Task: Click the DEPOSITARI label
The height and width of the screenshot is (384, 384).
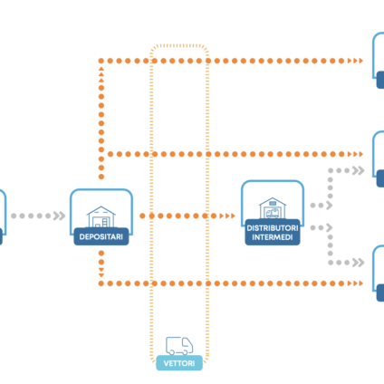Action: click(x=101, y=236)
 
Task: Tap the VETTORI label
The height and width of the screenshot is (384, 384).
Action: click(x=179, y=363)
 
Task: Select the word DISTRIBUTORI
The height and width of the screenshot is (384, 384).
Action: click(x=273, y=228)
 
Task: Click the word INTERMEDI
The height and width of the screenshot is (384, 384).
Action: click(x=273, y=237)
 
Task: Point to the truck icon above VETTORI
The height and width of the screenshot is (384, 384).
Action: click(x=179, y=346)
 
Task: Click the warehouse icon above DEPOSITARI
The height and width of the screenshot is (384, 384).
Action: click(x=101, y=216)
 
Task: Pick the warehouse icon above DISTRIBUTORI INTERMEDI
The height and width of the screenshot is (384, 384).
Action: click(x=273, y=207)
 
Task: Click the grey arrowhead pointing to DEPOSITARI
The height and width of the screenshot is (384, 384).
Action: click(x=59, y=216)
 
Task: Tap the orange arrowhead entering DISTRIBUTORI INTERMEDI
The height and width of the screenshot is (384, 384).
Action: click(x=227, y=216)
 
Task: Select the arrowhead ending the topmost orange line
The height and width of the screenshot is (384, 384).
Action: click(x=355, y=61)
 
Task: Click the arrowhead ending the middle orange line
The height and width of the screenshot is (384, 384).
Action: click(x=355, y=154)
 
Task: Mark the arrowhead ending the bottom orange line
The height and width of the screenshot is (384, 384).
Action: click(x=355, y=283)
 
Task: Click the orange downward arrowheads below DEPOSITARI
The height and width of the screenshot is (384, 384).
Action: click(x=101, y=273)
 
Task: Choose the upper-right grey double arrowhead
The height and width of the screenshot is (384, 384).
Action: click(x=359, y=170)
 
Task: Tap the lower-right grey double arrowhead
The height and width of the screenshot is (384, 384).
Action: click(x=359, y=263)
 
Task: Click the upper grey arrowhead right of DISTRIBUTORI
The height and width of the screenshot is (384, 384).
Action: click(x=330, y=206)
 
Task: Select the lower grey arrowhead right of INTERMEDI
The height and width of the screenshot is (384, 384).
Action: click(x=330, y=227)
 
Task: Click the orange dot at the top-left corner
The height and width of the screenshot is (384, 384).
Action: click(x=101, y=61)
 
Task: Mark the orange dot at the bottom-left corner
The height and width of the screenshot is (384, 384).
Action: click(x=101, y=283)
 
